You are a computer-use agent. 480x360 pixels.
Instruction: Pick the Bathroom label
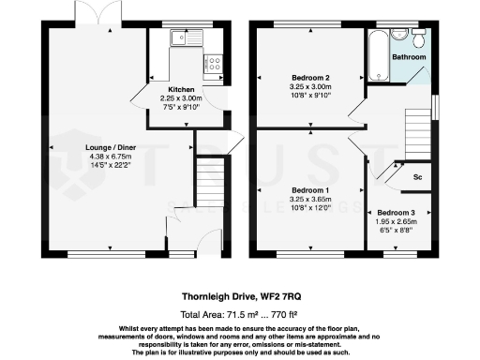tap(409, 57)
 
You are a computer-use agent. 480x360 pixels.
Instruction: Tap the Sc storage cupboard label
tap(417, 177)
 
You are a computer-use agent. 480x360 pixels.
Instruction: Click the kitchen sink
tap(178, 37)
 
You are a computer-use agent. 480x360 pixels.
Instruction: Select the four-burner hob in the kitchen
tap(213, 65)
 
